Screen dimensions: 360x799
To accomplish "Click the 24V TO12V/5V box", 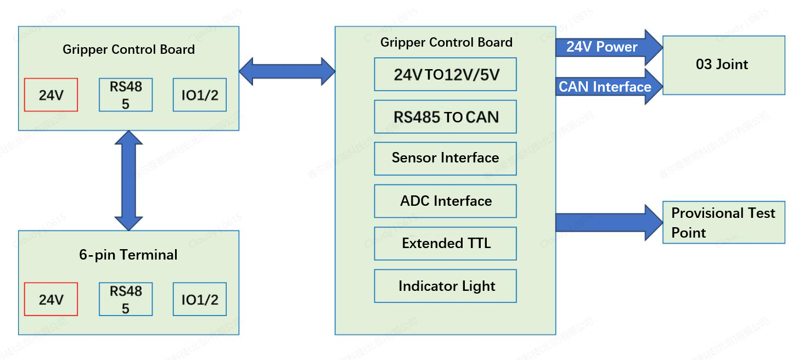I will (445, 74).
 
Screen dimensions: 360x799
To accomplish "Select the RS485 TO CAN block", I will (445, 116).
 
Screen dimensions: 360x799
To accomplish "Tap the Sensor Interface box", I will (445, 159).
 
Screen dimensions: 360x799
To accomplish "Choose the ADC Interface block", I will (445, 201).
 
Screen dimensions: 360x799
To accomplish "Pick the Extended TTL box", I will (445, 243).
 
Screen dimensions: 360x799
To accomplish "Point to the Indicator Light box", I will (445, 286).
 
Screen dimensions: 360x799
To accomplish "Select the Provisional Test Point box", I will (723, 222).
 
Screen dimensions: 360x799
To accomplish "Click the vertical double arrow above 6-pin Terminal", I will (128, 180).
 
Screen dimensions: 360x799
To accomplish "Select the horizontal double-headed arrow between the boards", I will (286, 71).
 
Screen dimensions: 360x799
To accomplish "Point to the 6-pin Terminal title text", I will (128, 255).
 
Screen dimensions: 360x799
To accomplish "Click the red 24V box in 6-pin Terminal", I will (50, 299).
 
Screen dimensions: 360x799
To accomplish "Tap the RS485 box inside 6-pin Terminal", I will (126, 299).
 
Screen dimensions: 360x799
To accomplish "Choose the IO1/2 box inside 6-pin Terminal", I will (200, 299).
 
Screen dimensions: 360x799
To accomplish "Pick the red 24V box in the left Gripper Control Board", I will (50, 95).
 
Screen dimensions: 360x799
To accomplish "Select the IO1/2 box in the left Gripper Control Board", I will (200, 95).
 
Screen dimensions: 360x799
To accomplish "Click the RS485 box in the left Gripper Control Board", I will (126, 95).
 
